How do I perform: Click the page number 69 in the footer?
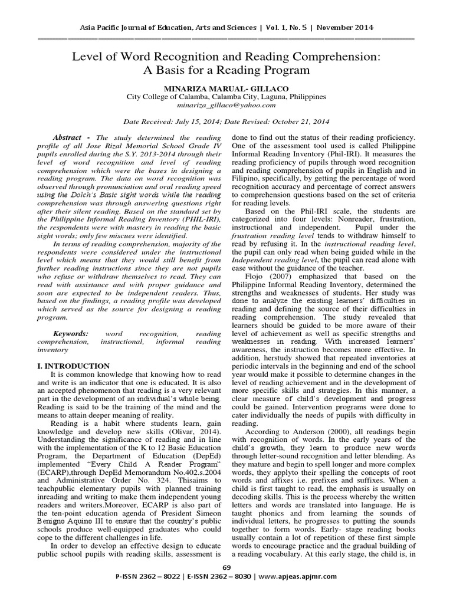pyautogui.click(x=226, y=583)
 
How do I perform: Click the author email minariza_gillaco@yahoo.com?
pyautogui.click(x=226, y=105)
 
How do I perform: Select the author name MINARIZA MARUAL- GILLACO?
pyautogui.click(x=226, y=86)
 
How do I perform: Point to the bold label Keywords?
pyautogui.click(x=71, y=333)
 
